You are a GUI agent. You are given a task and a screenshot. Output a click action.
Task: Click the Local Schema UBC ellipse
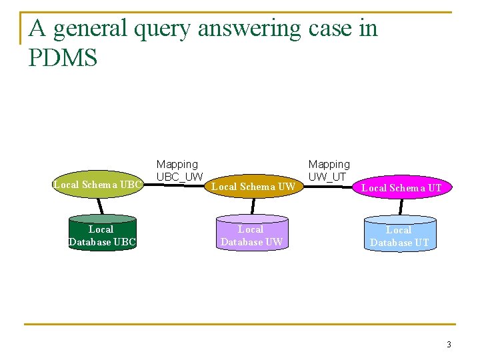[x=98, y=184]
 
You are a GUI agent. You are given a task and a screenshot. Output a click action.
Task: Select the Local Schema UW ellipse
[x=253, y=187]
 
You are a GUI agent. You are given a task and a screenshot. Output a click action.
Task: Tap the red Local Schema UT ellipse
[x=401, y=188]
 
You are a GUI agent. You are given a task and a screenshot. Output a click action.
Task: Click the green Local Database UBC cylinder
[x=102, y=234]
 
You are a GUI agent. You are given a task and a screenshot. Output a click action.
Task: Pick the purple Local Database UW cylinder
[x=252, y=234]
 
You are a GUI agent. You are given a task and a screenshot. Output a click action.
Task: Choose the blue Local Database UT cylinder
[x=399, y=235]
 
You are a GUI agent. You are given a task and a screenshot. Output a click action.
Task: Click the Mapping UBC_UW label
[x=179, y=170]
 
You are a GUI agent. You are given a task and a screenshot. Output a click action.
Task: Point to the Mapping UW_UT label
[x=329, y=170]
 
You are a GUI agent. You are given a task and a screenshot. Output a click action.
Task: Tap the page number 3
[x=449, y=345]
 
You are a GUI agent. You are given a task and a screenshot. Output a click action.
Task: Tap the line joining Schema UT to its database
[x=401, y=207]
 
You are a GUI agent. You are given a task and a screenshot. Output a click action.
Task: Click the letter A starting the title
[x=37, y=29]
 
